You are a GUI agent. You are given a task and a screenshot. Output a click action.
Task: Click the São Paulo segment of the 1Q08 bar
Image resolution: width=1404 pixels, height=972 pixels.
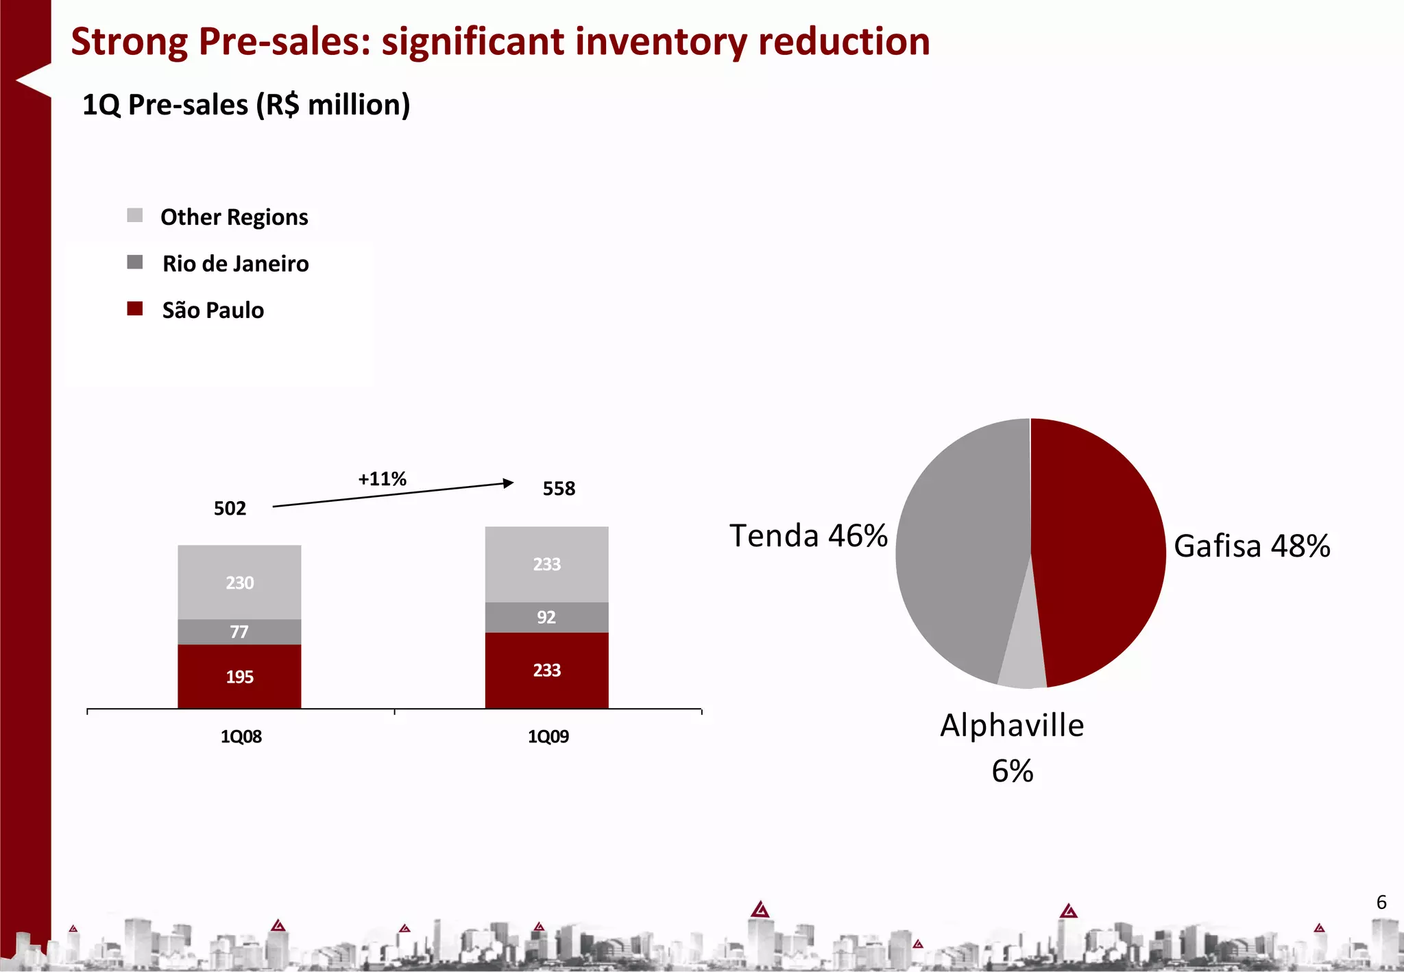(239, 676)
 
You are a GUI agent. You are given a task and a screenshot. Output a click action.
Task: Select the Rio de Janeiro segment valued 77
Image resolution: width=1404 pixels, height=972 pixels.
(239, 631)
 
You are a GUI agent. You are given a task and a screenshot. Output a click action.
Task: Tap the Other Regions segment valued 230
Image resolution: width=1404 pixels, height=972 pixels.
(239, 582)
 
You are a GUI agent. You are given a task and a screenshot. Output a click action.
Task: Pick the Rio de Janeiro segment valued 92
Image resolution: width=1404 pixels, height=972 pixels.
(546, 617)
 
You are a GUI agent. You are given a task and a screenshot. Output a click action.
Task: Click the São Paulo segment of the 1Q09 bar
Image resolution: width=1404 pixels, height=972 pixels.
(546, 670)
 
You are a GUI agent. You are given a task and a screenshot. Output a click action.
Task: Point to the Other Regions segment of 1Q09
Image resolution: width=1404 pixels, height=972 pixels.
(546, 563)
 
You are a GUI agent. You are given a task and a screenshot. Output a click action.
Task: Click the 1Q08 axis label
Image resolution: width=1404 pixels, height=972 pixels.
(241, 736)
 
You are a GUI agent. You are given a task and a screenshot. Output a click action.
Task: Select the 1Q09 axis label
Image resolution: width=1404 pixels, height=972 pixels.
(548, 736)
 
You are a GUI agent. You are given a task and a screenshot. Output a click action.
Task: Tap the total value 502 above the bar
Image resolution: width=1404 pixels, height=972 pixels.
(230, 508)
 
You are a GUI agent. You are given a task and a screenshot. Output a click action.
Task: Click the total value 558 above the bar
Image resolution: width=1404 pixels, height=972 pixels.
(559, 488)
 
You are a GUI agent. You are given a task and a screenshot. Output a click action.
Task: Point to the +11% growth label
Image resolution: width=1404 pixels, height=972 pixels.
(382, 478)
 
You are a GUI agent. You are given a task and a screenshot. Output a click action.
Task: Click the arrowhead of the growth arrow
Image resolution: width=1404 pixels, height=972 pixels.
(508, 483)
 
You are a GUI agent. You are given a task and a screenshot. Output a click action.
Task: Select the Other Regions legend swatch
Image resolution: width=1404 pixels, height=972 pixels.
(135, 215)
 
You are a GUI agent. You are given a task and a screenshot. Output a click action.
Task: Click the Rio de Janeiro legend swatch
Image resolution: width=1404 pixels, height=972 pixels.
(135, 262)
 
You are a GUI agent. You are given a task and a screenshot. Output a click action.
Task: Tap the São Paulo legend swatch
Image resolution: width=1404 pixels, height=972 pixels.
(135, 308)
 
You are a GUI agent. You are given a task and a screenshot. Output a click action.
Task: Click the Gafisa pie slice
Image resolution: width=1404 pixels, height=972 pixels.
(1097, 548)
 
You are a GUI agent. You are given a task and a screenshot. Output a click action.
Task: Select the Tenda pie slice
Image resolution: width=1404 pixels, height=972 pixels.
(960, 548)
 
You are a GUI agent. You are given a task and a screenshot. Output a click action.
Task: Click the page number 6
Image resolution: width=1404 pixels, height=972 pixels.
(1381, 902)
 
